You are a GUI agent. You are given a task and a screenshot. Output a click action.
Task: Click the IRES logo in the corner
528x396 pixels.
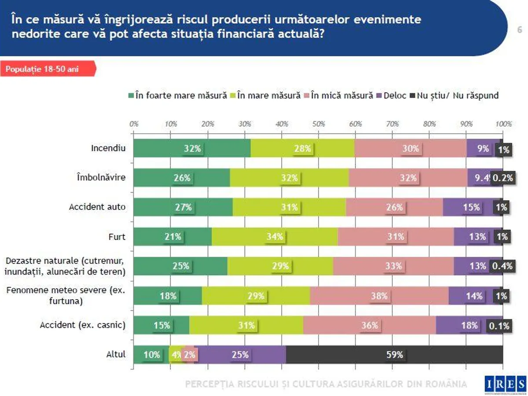point(505,384)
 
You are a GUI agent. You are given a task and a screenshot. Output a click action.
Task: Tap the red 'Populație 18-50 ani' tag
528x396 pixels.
point(48,70)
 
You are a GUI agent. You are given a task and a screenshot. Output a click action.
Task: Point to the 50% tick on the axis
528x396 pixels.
point(319,124)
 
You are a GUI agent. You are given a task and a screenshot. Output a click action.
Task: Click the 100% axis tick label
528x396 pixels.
point(503,124)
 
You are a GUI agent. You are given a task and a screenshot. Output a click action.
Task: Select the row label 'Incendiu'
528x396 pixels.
point(108,148)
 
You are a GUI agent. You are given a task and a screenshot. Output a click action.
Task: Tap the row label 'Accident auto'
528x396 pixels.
point(97,207)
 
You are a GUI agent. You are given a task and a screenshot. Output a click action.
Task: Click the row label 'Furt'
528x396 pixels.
point(117,237)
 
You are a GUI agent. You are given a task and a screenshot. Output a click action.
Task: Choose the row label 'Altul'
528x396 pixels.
point(116,354)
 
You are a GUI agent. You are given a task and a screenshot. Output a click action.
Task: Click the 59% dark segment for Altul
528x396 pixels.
point(394,355)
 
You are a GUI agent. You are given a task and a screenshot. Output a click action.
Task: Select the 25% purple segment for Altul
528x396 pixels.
point(240,355)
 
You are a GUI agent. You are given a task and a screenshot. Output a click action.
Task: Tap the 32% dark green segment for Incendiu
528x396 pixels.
point(192,148)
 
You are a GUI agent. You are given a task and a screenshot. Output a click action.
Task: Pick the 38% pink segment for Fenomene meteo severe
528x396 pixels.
point(379,296)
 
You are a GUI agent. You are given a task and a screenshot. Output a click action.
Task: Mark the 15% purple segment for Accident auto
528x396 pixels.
point(471,207)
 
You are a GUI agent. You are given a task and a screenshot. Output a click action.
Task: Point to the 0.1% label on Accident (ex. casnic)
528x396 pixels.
point(499,326)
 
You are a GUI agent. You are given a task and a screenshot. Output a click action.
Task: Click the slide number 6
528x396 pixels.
point(519,30)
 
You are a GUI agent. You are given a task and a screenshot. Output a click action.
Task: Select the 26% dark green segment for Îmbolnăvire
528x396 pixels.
point(182,178)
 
